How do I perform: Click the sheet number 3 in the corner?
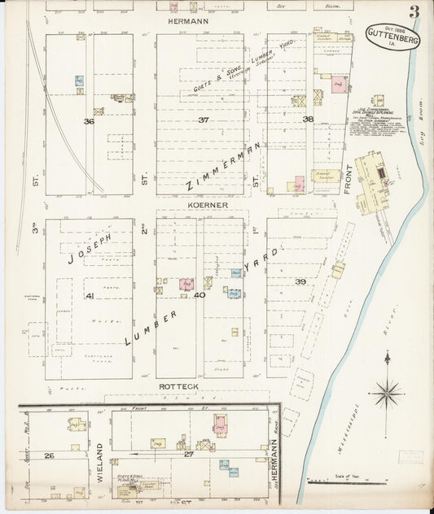[414, 12]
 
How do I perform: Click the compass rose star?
[387, 393]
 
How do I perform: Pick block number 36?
[89, 122]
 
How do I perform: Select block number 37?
[203, 120]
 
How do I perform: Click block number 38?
[308, 120]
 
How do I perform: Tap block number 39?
[300, 281]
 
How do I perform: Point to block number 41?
[90, 296]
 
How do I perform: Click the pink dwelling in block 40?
[186, 285]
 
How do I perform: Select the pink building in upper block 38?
[339, 85]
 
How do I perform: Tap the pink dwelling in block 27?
[221, 424]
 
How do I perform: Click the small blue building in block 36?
[79, 81]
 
